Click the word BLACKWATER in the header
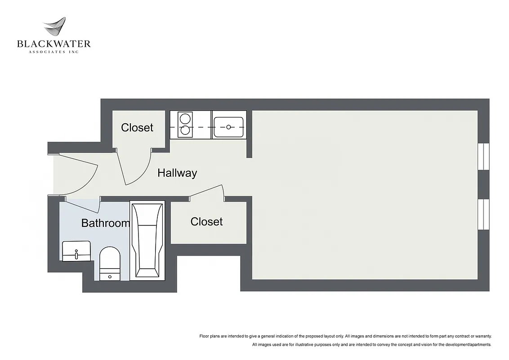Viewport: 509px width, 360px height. click(54, 44)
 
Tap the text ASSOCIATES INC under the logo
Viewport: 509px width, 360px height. click(54, 52)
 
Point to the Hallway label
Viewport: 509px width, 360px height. click(177, 173)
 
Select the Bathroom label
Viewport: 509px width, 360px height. click(105, 223)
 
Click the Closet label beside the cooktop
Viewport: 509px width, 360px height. click(137, 128)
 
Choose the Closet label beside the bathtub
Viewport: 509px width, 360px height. click(206, 221)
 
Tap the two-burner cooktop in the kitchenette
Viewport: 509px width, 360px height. click(184, 125)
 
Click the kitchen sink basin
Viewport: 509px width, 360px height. click(228, 127)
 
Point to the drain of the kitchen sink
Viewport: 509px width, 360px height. click(228, 127)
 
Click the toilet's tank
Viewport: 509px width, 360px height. click(110, 274)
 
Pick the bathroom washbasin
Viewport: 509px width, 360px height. click(76, 251)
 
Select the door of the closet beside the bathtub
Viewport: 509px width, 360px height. click(207, 191)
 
